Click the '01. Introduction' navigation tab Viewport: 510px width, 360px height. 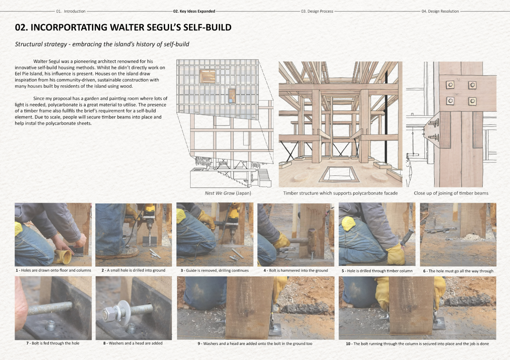pos(71,11)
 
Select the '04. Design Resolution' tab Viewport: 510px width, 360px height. pos(440,11)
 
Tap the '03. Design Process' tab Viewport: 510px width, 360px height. pos(317,11)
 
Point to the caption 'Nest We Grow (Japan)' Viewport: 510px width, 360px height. pos(228,193)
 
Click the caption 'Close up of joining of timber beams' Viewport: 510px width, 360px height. pos(451,193)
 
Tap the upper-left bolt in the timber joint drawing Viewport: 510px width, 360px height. pos(450,85)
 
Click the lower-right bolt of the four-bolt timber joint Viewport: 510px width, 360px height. pos(472,101)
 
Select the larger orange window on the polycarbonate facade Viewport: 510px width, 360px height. pos(207,76)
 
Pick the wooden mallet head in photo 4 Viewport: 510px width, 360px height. pos(312,240)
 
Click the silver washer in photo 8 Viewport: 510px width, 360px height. pos(120,310)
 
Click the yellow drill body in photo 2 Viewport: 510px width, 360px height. pos(150,210)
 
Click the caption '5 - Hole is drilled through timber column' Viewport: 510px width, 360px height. pos(377,271)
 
